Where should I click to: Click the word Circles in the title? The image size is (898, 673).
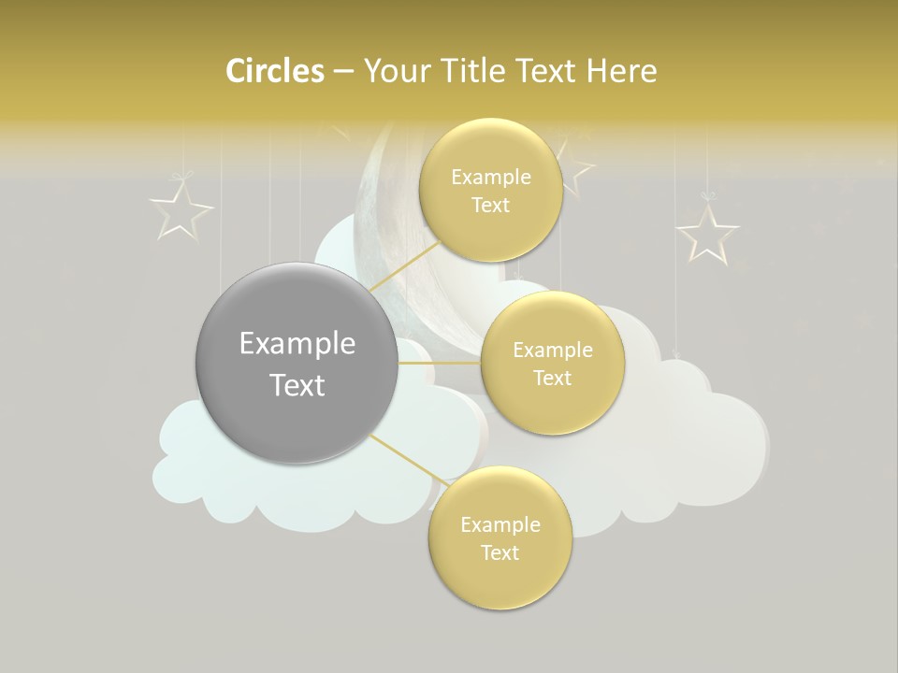[274, 71]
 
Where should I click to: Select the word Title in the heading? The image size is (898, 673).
[476, 71]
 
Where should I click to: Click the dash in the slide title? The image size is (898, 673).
[342, 72]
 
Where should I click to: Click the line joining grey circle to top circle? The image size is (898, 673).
[404, 266]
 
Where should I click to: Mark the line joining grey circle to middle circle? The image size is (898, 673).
[440, 363]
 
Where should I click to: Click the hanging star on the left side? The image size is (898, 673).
[181, 209]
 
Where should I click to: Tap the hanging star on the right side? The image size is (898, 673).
[707, 232]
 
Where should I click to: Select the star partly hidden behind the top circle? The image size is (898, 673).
[577, 168]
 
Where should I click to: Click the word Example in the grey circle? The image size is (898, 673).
[297, 344]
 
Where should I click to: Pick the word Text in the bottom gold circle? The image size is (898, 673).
[500, 552]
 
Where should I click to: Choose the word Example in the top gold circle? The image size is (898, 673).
[490, 177]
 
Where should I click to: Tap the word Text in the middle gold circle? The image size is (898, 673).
[552, 378]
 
